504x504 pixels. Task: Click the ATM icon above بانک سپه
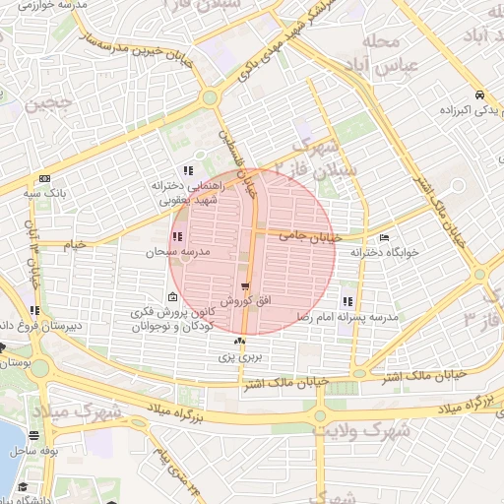point(44,178)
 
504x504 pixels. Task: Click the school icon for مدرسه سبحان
point(177,237)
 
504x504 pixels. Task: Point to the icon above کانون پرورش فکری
point(173,298)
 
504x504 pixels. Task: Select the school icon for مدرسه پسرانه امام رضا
point(346,301)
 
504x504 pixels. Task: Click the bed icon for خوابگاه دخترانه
point(384,237)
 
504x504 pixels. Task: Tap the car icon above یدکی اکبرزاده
point(477,95)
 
